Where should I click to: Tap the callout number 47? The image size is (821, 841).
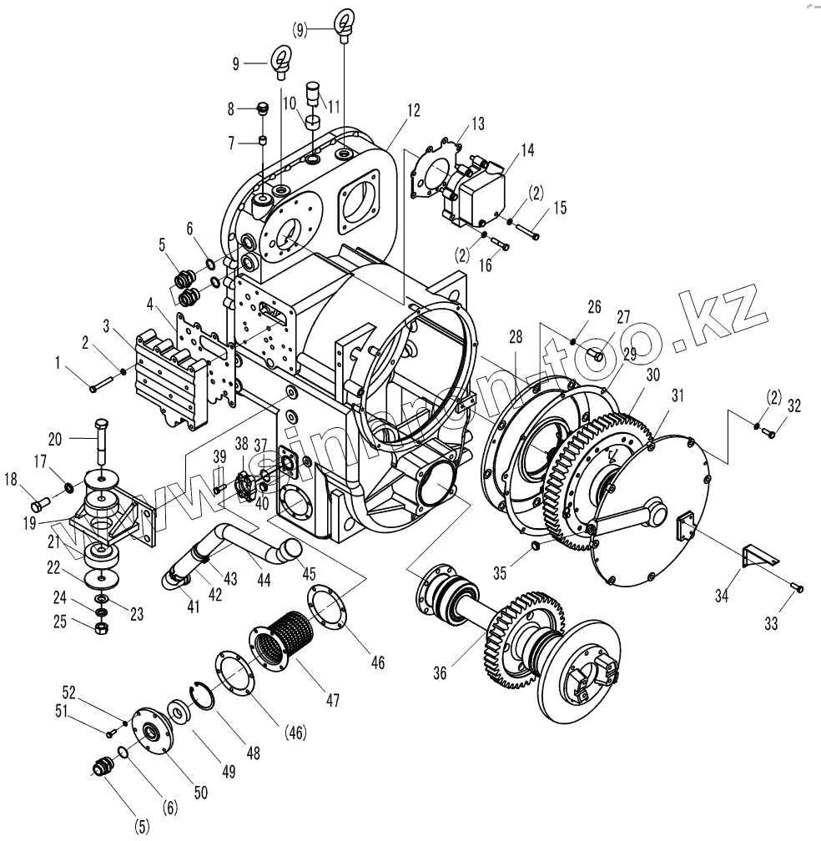(x=332, y=699)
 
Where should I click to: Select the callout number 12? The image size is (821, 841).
(x=414, y=110)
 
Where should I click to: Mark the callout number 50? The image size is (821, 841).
(x=200, y=793)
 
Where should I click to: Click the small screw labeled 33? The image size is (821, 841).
(x=798, y=589)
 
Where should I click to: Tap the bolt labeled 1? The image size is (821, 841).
(x=98, y=383)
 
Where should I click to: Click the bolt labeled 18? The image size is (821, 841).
(x=40, y=504)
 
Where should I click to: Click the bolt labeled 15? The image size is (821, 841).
(x=526, y=230)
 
